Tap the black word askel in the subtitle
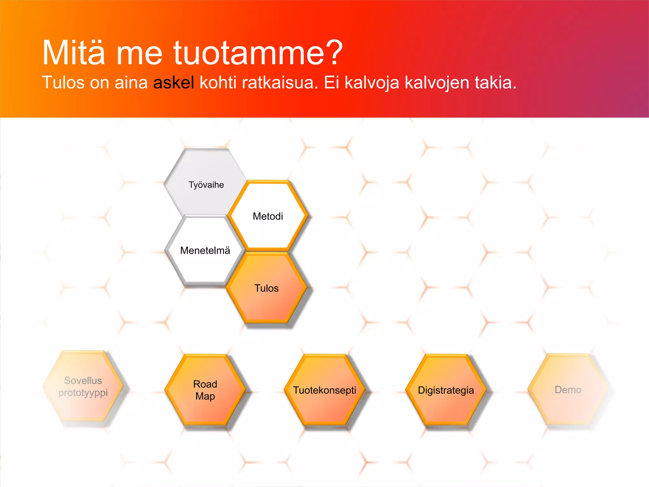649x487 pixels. (x=173, y=83)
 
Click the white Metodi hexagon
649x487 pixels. (x=268, y=216)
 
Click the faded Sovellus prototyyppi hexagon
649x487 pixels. (x=83, y=387)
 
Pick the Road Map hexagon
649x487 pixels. (x=205, y=390)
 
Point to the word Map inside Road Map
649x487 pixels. (x=205, y=396)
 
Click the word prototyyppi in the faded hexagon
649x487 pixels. (x=83, y=393)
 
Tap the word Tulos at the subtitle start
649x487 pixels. (x=63, y=83)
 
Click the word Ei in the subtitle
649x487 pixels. (x=331, y=83)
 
